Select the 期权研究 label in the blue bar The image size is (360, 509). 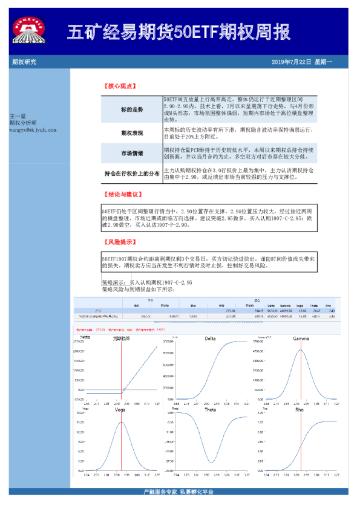[24, 62]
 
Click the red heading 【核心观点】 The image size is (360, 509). [120, 86]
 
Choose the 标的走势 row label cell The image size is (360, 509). [132, 110]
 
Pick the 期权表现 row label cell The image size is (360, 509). [132, 132]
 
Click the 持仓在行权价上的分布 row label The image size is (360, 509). [132, 174]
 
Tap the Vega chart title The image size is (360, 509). [120, 410]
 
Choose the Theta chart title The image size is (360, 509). [211, 410]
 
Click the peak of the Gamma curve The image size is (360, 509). [300, 350]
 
